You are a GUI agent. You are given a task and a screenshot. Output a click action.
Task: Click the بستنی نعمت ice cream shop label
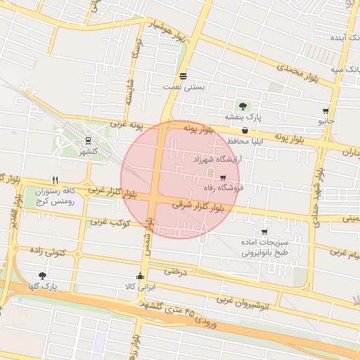tap(184, 86)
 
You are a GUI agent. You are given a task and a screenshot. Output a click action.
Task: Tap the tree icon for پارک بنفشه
tap(243, 106)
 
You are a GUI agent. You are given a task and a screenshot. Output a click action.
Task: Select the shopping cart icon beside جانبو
tap(326, 111)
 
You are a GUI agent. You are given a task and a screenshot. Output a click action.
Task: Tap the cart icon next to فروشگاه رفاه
tap(223, 178)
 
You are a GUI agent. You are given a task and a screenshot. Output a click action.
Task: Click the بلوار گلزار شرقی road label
tap(202, 206)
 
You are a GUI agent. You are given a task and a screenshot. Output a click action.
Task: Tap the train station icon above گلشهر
tap(88, 141)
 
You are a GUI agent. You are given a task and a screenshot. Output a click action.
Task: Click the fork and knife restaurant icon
tap(55, 180)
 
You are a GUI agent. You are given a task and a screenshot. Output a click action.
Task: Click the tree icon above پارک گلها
tap(43, 276)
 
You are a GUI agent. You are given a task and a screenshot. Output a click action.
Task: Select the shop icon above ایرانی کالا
tap(141, 276)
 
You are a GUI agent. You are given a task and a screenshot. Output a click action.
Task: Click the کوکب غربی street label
tap(108, 222)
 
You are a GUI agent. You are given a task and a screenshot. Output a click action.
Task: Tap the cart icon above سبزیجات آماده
tap(264, 232)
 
